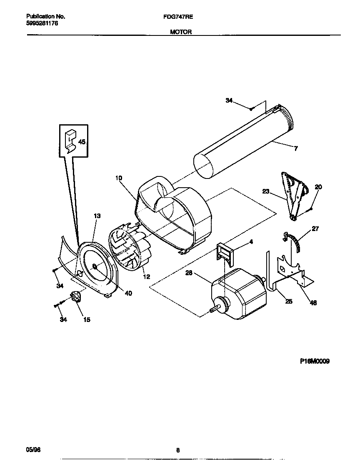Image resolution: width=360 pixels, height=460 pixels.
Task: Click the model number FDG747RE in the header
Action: coord(181,17)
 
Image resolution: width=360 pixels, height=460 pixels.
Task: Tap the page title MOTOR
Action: coord(181,32)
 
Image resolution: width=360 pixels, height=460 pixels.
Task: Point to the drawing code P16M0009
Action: coord(315,362)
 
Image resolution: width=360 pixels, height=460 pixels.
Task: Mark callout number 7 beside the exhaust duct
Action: coord(295,148)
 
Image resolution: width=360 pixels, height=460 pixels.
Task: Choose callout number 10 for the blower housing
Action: coord(119,178)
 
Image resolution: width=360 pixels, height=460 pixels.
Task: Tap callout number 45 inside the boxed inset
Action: coord(82,142)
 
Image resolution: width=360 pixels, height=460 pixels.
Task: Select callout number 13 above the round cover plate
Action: coord(97,216)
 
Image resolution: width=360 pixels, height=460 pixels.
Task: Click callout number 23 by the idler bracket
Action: coord(266,192)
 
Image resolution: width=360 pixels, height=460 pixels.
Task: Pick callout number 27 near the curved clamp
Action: coord(315,229)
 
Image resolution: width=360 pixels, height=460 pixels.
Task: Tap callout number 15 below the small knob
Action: coord(87,320)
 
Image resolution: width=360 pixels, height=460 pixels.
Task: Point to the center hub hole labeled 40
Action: coord(95,266)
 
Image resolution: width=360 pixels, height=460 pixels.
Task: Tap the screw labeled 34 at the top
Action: coord(252,109)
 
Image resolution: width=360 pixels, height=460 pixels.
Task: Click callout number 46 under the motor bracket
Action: coord(313,303)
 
